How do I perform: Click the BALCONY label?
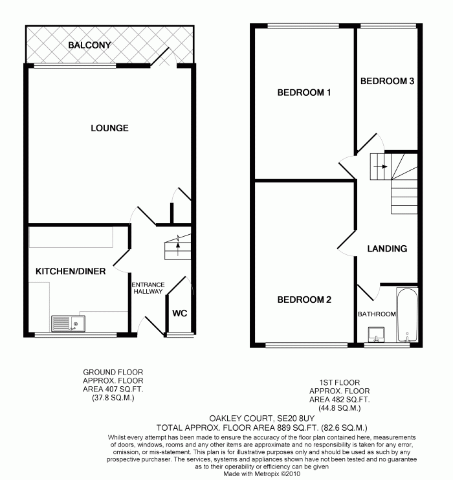pyautogui.click(x=90, y=45)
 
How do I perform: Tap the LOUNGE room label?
pyautogui.click(x=109, y=128)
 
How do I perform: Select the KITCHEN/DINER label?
pyautogui.click(x=71, y=271)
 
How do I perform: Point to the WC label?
pyautogui.click(x=179, y=314)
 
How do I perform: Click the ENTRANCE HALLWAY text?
pyautogui.click(x=148, y=288)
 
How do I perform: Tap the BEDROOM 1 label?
pyautogui.click(x=304, y=93)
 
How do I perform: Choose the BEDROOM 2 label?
pyautogui.click(x=304, y=300)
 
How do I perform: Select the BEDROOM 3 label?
pyautogui.click(x=387, y=82)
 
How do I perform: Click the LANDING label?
pyautogui.click(x=387, y=248)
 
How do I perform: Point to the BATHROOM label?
pyautogui.click(x=377, y=314)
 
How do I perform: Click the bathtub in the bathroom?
pyautogui.click(x=408, y=316)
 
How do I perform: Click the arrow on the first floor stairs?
pyautogui.click(x=384, y=166)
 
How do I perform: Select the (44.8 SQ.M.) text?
pyautogui.click(x=339, y=408)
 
